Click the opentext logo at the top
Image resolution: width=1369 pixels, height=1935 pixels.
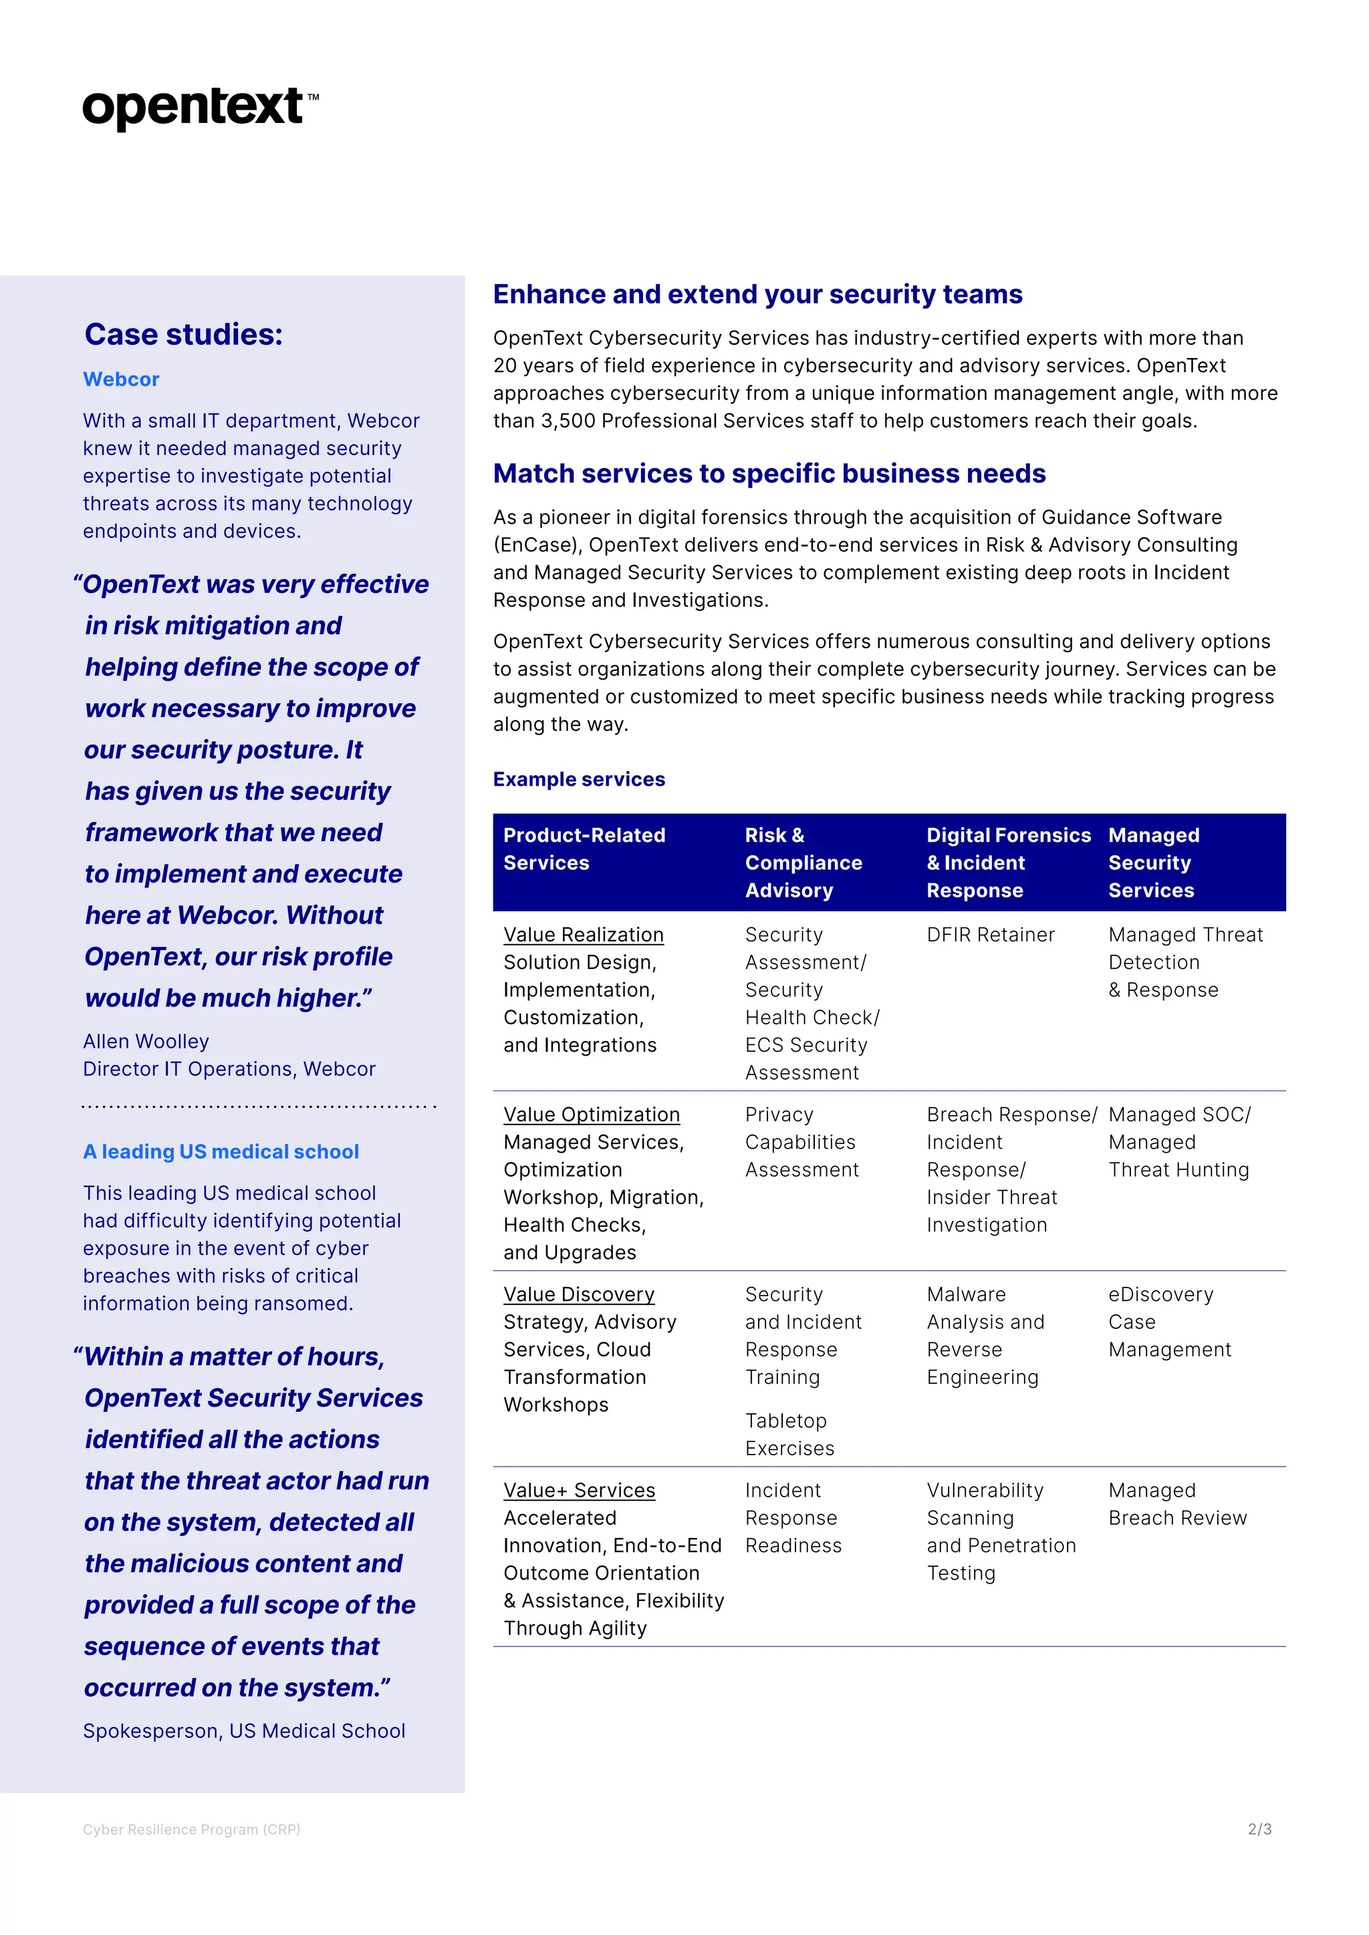point(200,108)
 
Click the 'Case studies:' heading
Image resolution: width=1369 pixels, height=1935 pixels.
point(183,335)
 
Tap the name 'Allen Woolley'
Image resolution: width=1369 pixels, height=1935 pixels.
point(146,1042)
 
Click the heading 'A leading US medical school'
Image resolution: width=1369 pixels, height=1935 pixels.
point(221,1152)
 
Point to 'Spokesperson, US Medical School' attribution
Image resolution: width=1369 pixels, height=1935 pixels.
point(243,1731)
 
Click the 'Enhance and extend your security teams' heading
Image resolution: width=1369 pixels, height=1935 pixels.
point(757,294)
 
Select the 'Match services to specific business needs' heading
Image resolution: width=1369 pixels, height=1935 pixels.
point(769,474)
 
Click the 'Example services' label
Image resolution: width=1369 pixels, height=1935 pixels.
point(579,780)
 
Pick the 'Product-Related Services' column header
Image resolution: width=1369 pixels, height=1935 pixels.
point(584,849)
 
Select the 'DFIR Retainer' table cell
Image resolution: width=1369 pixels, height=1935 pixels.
point(991,935)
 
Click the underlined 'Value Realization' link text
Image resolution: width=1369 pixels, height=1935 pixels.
point(584,935)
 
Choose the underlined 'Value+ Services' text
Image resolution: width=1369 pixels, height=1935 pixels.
point(579,1490)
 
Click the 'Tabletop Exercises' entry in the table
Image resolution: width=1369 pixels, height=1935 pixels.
point(789,1435)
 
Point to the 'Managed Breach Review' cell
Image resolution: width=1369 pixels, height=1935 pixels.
point(1176,1504)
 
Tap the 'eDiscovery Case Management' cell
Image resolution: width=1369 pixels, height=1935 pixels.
point(1168,1322)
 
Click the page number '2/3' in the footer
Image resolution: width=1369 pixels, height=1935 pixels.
point(1259,1829)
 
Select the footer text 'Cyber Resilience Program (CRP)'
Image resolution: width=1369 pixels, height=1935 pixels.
point(191,1829)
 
